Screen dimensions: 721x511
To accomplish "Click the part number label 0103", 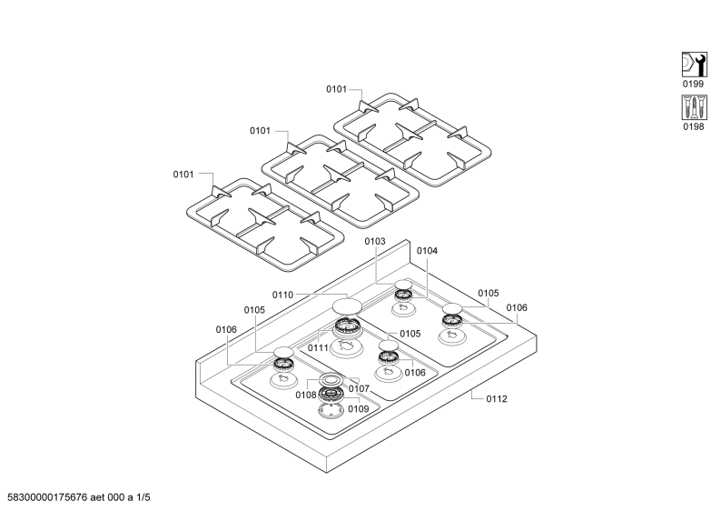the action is [x=375, y=241].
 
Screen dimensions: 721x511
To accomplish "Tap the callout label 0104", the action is [x=427, y=251].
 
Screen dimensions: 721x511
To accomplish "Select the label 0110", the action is [x=282, y=296].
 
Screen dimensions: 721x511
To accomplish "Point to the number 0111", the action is [x=318, y=348].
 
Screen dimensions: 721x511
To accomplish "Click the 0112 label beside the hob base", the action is [x=497, y=399].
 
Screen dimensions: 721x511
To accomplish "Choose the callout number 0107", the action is [x=359, y=389].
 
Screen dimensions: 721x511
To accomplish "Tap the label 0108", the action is [x=306, y=396].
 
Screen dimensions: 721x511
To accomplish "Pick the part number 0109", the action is [x=358, y=409].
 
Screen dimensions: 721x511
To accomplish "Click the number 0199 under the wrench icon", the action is [x=693, y=84].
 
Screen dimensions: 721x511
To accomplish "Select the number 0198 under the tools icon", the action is [x=694, y=126].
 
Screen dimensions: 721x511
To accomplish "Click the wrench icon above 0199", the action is [x=694, y=65].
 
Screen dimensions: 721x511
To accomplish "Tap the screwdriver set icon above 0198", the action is [x=694, y=107].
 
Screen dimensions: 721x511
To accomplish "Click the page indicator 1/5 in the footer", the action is [x=143, y=497].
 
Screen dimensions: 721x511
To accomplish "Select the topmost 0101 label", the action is [x=337, y=89].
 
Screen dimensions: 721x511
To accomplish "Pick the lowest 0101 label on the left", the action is [x=183, y=175].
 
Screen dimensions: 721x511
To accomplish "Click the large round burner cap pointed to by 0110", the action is [x=347, y=306].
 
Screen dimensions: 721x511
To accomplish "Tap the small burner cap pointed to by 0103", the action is [x=403, y=284].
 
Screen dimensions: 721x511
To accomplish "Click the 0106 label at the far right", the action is [x=517, y=308].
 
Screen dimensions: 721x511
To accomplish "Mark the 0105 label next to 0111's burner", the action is [x=410, y=334].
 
